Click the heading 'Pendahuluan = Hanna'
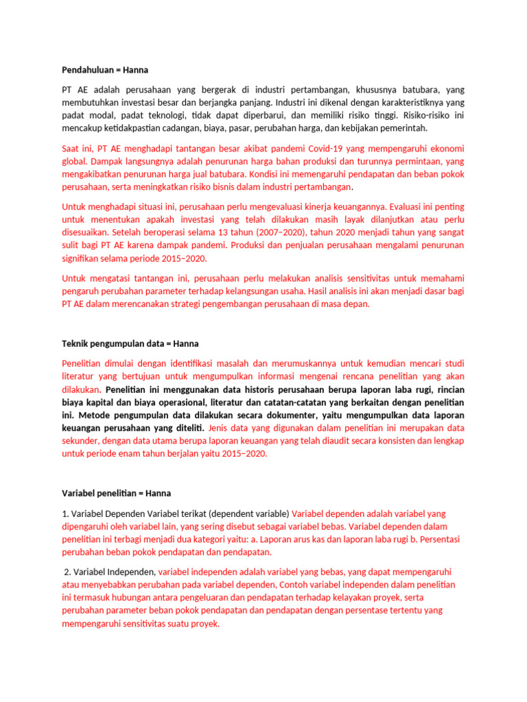point(105,70)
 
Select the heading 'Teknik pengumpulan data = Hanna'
point(130,343)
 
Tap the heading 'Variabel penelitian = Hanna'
point(116,493)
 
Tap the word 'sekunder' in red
point(80,441)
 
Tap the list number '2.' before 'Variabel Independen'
point(68,572)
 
